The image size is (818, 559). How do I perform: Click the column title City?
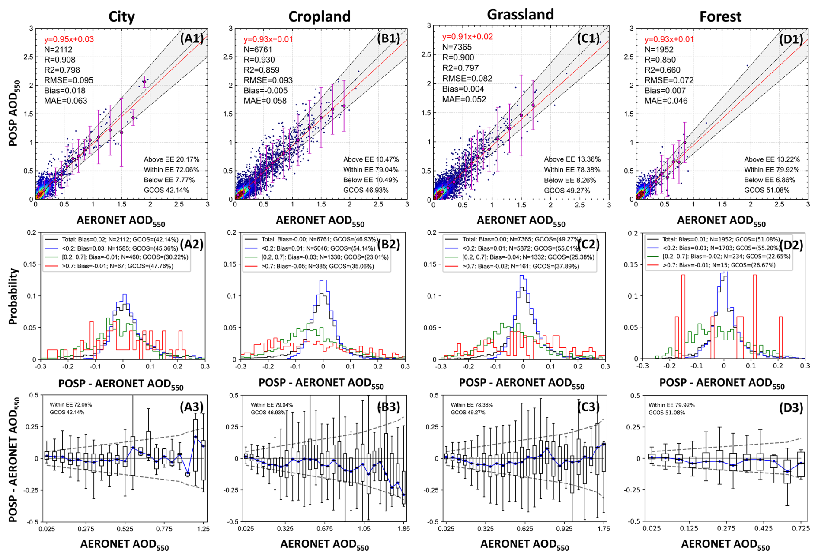click(121, 17)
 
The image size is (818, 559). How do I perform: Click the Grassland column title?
click(520, 15)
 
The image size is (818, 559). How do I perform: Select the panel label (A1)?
click(192, 38)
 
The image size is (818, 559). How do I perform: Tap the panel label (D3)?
click(791, 408)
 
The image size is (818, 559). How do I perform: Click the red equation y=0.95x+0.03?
click(69, 39)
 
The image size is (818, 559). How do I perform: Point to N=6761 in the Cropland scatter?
click(258, 50)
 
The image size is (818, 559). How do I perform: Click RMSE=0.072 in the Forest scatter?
click(669, 80)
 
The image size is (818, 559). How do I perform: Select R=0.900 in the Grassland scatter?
click(458, 57)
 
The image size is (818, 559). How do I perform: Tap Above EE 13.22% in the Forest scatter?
click(772, 159)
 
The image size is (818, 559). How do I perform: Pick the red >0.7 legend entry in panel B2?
click(317, 267)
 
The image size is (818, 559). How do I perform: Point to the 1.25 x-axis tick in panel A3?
click(203, 529)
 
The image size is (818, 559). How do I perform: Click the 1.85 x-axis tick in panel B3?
click(403, 529)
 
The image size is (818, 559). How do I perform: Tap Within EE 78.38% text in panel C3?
click(472, 405)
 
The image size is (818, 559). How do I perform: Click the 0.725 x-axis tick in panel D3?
click(801, 528)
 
